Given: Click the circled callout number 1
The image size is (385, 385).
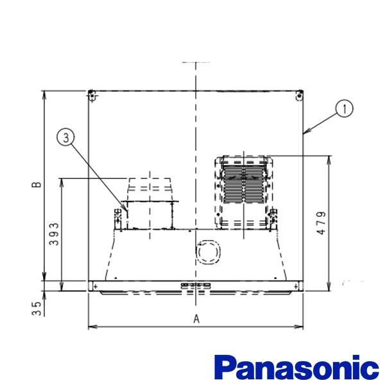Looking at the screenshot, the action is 344,108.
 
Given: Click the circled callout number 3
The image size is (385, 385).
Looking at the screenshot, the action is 66,138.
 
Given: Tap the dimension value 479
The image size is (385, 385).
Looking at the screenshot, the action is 321,223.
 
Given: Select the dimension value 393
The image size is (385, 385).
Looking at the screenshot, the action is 54,234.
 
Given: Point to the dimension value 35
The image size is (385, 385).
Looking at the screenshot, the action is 36,309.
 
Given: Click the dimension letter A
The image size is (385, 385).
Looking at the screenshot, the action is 196,319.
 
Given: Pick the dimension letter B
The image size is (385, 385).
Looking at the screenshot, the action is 37,185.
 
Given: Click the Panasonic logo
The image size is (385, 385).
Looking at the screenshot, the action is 296,368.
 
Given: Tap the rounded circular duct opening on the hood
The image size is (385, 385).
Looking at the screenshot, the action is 209,252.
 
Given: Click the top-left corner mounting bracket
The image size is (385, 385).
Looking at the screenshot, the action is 92,95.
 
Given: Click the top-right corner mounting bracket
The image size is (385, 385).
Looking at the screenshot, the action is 299,95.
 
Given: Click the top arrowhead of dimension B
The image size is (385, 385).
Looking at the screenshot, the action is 44,95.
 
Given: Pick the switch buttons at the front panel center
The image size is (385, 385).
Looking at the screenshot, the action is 196,286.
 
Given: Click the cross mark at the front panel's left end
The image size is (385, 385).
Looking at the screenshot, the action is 96,286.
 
